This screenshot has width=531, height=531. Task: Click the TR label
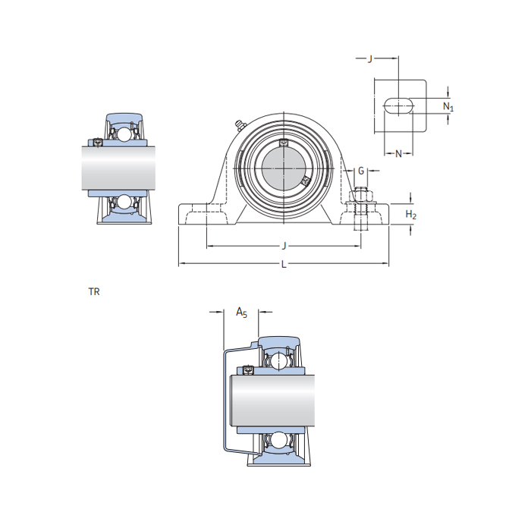pyautogui.click(x=94, y=291)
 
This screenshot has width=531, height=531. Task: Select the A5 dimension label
pyautogui.click(x=241, y=312)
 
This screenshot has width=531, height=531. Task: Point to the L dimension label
pyautogui.click(x=284, y=265)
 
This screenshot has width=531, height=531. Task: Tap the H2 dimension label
pyautogui.click(x=410, y=215)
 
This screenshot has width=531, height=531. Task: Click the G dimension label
pyautogui.click(x=361, y=170)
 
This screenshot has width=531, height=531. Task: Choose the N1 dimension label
pyautogui.click(x=448, y=106)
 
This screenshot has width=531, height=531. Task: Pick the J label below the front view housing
pyautogui.click(x=284, y=246)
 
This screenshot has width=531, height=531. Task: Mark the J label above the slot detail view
pyautogui.click(x=369, y=58)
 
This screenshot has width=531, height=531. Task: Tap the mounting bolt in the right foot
pyautogui.click(x=361, y=206)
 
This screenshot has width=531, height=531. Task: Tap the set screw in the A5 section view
pyautogui.click(x=248, y=370)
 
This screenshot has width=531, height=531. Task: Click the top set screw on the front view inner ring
pyautogui.click(x=284, y=143)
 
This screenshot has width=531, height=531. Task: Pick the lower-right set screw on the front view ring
pyautogui.click(x=305, y=181)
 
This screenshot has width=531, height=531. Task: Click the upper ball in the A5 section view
pyautogui.click(x=278, y=360)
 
